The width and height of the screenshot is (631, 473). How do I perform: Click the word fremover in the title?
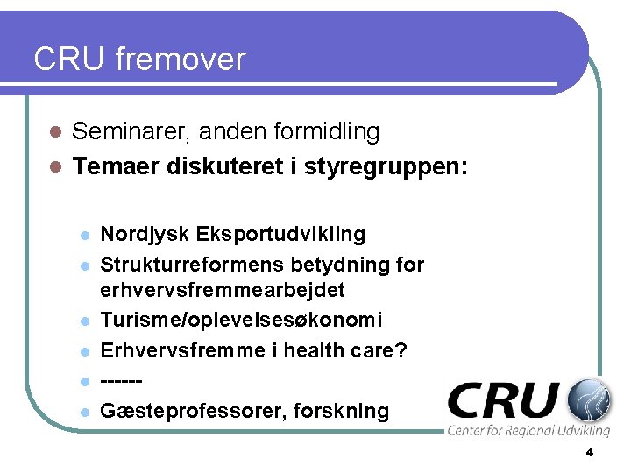point(179,60)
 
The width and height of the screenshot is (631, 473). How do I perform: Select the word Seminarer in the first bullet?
point(131,132)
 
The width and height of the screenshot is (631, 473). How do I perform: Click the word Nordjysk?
point(145,235)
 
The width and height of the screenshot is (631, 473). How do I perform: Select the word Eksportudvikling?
point(281,235)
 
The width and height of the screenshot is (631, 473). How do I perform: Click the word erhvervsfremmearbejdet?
point(223,290)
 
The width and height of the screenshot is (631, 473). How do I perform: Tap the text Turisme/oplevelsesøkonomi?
point(242,321)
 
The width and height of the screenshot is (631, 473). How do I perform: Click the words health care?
point(351,350)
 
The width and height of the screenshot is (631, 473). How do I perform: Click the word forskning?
point(337,411)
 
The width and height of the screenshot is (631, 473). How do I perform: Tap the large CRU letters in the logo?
point(503,401)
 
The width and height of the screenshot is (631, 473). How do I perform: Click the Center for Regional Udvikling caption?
point(528,431)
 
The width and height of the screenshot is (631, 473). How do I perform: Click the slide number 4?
point(589,453)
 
